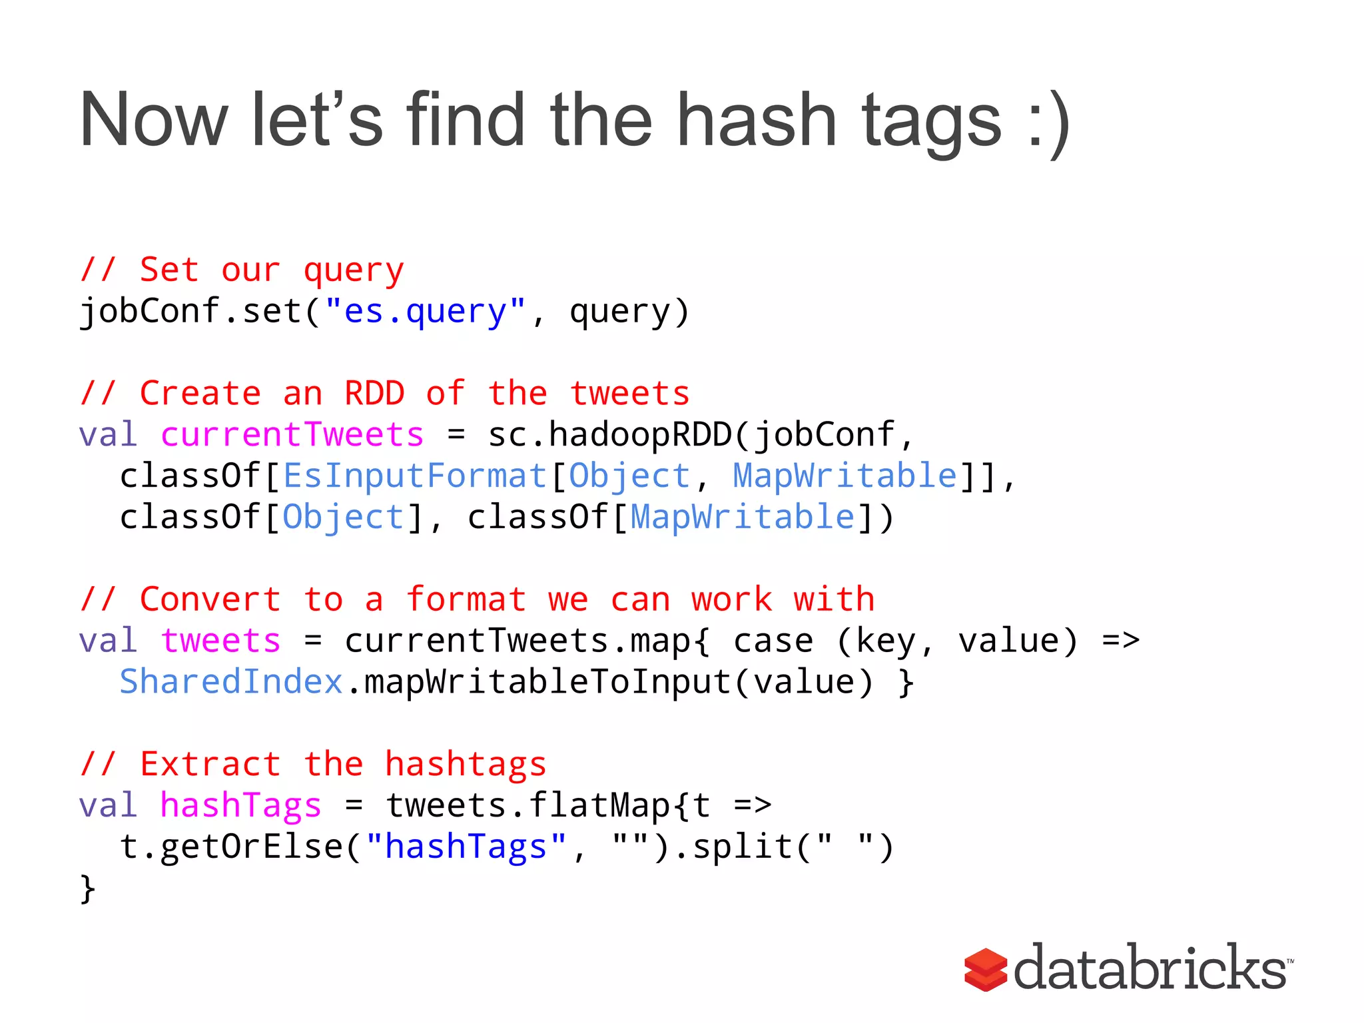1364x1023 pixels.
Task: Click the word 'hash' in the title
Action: point(756,120)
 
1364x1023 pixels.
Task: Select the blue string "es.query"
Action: point(426,312)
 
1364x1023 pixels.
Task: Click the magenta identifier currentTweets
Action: point(292,435)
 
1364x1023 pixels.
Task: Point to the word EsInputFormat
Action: point(414,476)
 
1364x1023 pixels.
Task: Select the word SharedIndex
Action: point(230,682)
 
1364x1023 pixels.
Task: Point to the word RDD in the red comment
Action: point(374,394)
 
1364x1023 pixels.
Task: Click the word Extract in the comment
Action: point(210,764)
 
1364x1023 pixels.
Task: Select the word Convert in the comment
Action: point(210,599)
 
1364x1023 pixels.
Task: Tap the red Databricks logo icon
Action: point(985,970)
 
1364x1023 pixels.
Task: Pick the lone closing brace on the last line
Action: point(87,889)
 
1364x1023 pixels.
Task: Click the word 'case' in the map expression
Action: point(773,641)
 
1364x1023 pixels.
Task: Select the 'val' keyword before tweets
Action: point(108,641)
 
